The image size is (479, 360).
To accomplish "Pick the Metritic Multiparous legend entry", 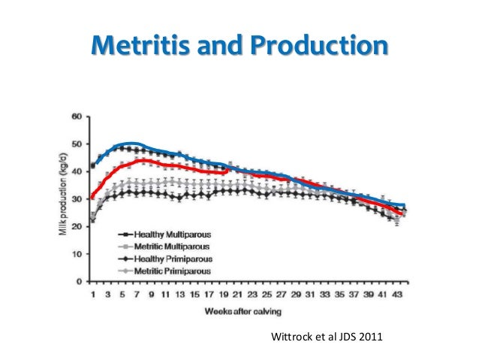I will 165,246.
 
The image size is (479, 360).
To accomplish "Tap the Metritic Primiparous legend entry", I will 165,268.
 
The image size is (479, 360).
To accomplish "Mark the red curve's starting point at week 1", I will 92,197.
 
